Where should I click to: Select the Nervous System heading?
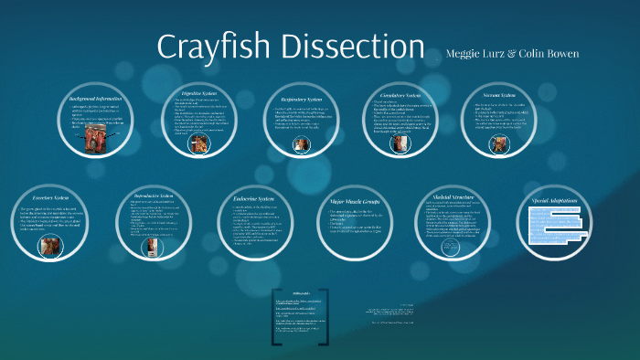[496, 93]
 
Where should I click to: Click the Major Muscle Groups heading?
[356, 201]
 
